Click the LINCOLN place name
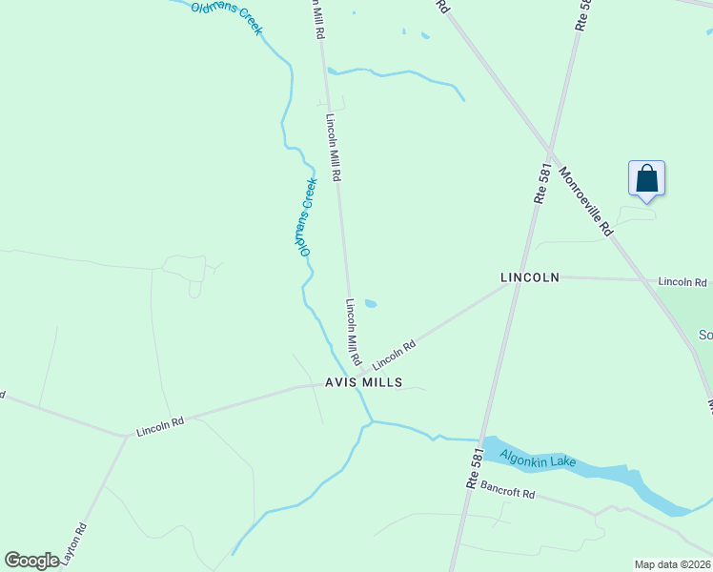[x=529, y=277]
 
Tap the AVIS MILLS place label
[x=362, y=382]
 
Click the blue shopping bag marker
[x=646, y=179]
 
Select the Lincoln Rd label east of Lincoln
[x=682, y=282]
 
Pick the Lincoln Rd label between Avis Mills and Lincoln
[x=395, y=357]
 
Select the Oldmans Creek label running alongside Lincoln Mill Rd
[x=305, y=216]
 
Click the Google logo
[x=31, y=561]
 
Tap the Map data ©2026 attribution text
[x=673, y=564]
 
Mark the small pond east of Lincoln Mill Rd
[x=370, y=304]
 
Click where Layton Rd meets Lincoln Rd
[x=125, y=437]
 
